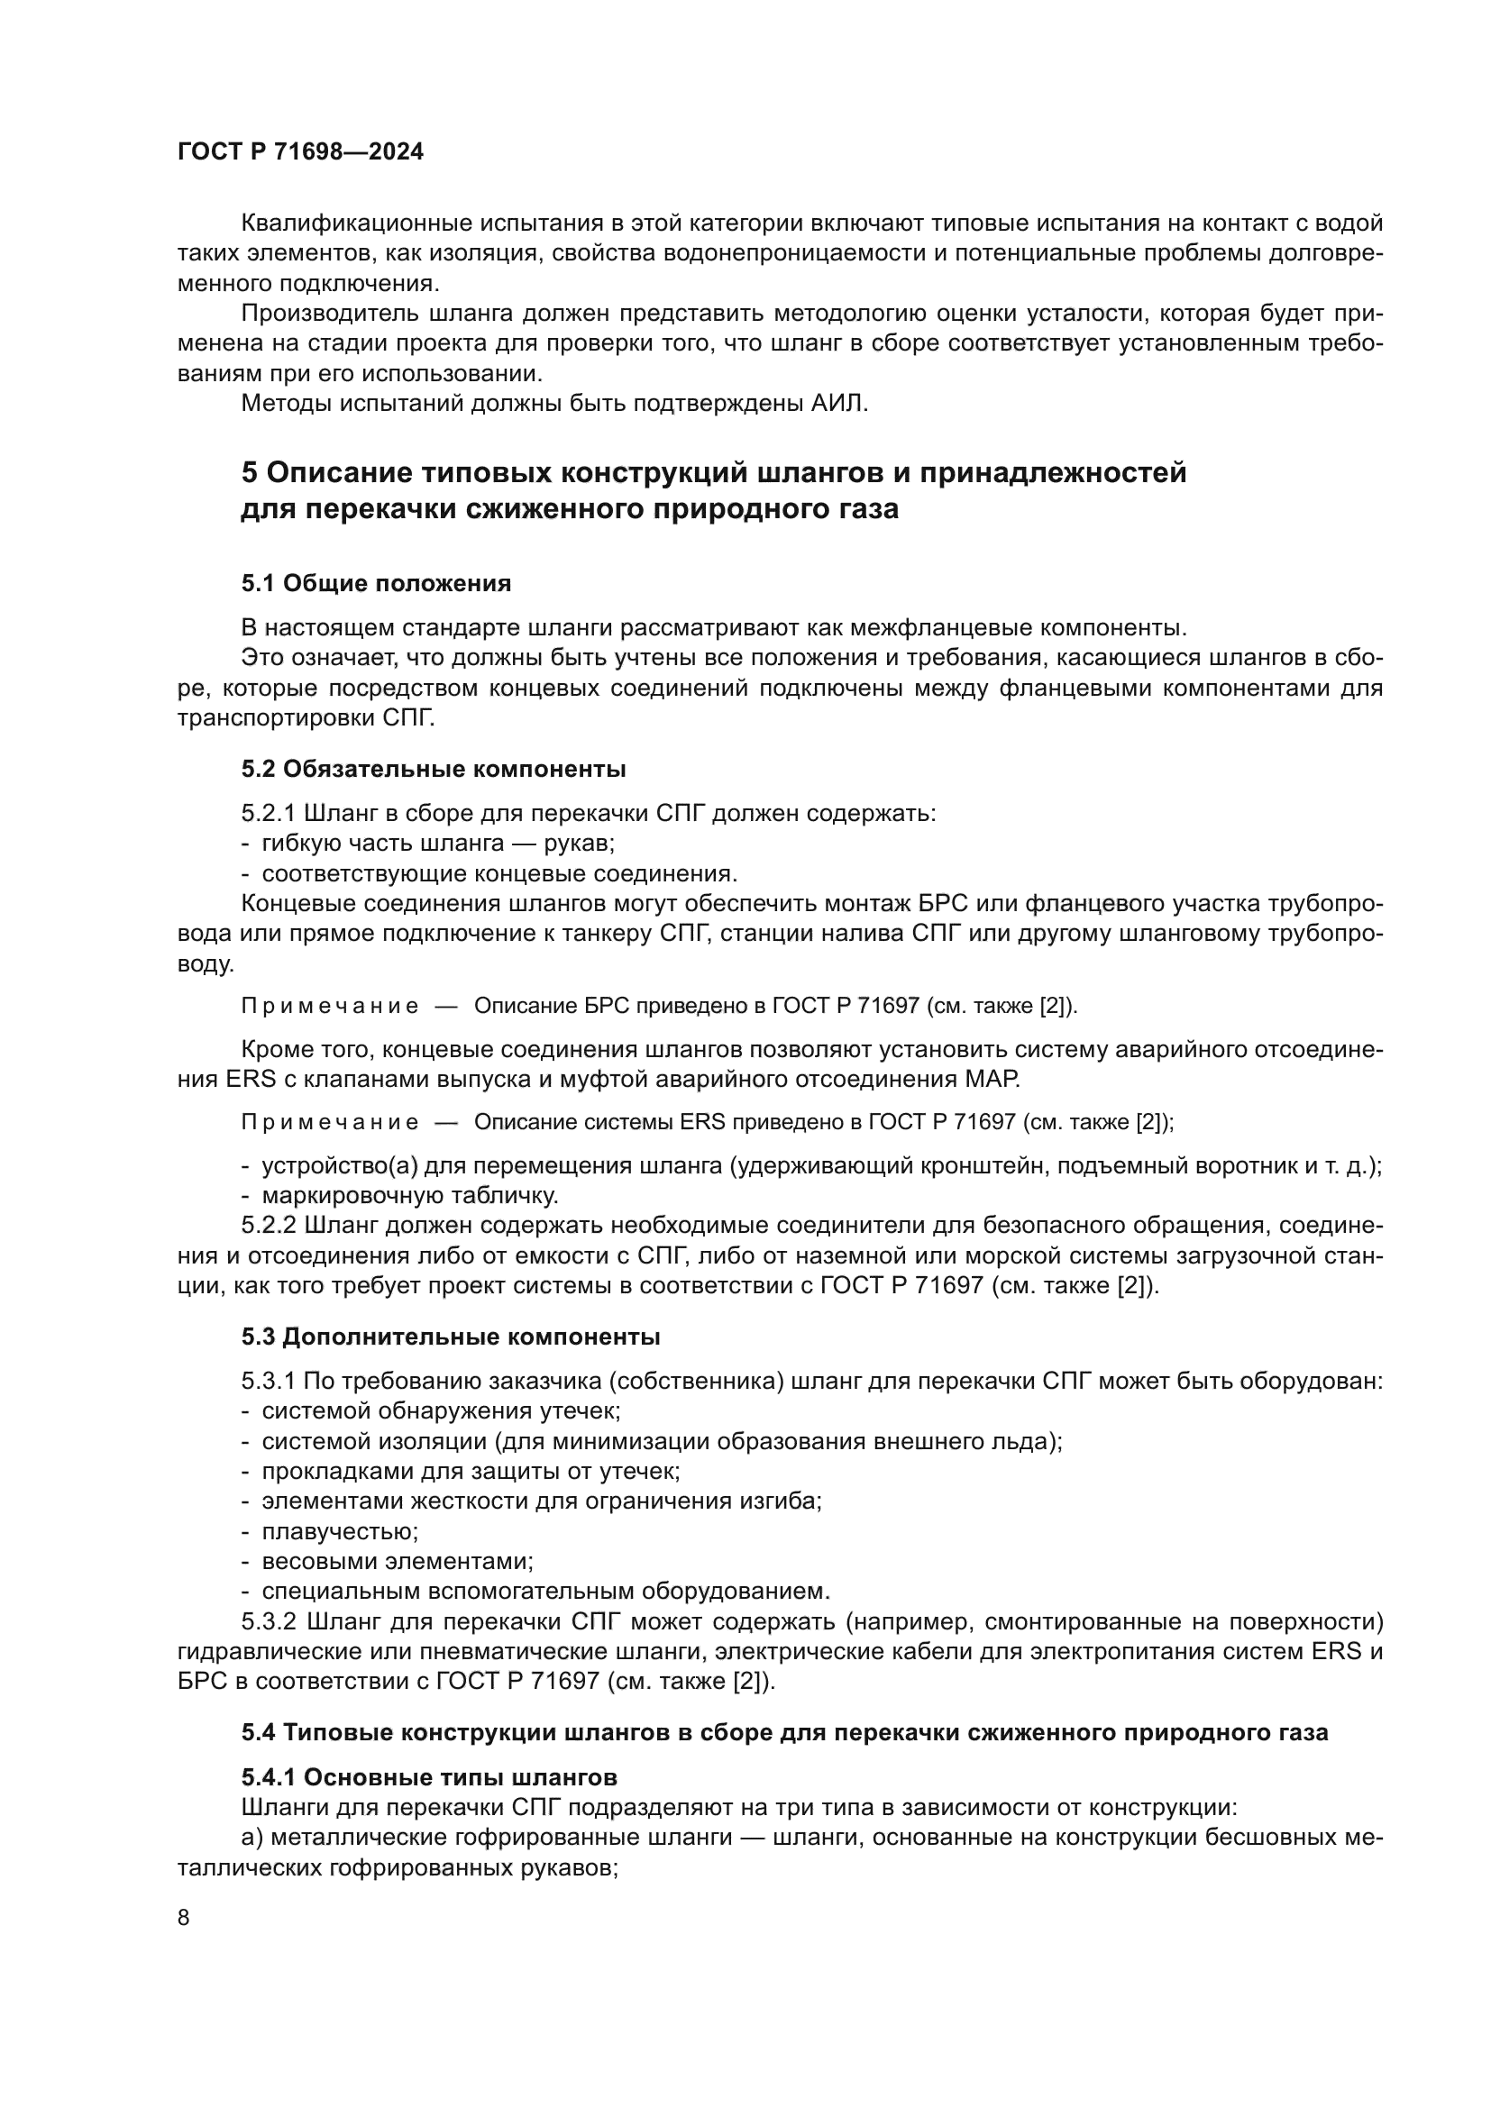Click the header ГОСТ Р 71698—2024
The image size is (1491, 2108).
300,152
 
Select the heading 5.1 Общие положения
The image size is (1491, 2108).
377,584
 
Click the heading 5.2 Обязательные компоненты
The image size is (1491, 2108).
434,769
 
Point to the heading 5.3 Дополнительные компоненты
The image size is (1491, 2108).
451,1337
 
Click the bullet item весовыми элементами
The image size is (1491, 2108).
398,1561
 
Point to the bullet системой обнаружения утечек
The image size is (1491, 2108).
442,1410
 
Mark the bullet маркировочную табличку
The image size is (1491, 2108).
409,1195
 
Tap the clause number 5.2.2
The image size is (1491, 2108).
268,1226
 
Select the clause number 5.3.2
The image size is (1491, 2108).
268,1621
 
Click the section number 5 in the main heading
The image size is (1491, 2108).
249,474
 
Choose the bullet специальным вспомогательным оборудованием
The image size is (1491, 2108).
545,1591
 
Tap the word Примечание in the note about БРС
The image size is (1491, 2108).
330,1007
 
